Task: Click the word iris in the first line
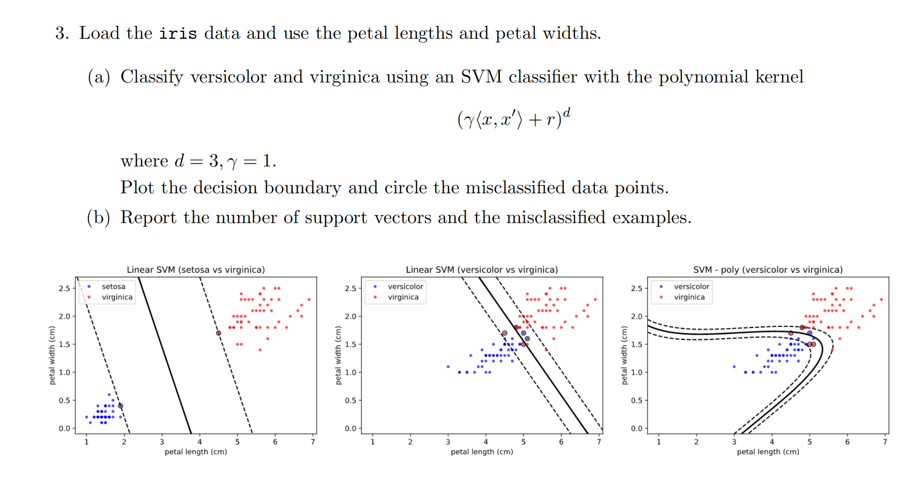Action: (x=178, y=33)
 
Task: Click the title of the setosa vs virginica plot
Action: (x=196, y=270)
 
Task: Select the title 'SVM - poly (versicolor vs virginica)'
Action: (x=768, y=270)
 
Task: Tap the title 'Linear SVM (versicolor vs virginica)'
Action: (x=482, y=270)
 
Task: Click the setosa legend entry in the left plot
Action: (x=113, y=287)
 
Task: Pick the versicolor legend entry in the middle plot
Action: (x=405, y=287)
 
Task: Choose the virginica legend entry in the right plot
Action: (x=688, y=297)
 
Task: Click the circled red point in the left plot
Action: (x=219, y=333)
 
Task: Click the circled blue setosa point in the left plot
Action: (x=121, y=406)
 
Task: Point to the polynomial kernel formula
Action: (x=513, y=119)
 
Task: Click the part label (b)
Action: (x=98, y=218)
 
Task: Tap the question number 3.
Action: (x=62, y=33)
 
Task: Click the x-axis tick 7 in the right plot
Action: (x=885, y=442)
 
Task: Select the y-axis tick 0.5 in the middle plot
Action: (x=350, y=401)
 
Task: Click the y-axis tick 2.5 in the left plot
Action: (x=65, y=288)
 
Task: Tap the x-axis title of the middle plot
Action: (x=482, y=452)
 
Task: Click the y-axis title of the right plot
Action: (x=625, y=355)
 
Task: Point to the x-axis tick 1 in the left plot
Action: (x=86, y=442)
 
